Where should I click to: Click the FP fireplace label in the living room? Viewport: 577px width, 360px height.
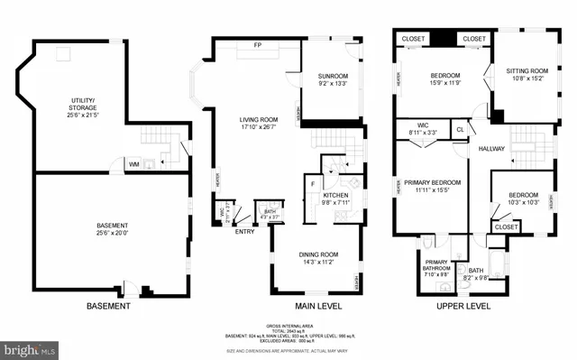(x=257, y=45)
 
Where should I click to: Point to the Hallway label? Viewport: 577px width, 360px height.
(x=491, y=149)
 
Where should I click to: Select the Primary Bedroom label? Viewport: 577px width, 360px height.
(x=429, y=185)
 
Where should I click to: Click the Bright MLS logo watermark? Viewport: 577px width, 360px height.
(x=30, y=346)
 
